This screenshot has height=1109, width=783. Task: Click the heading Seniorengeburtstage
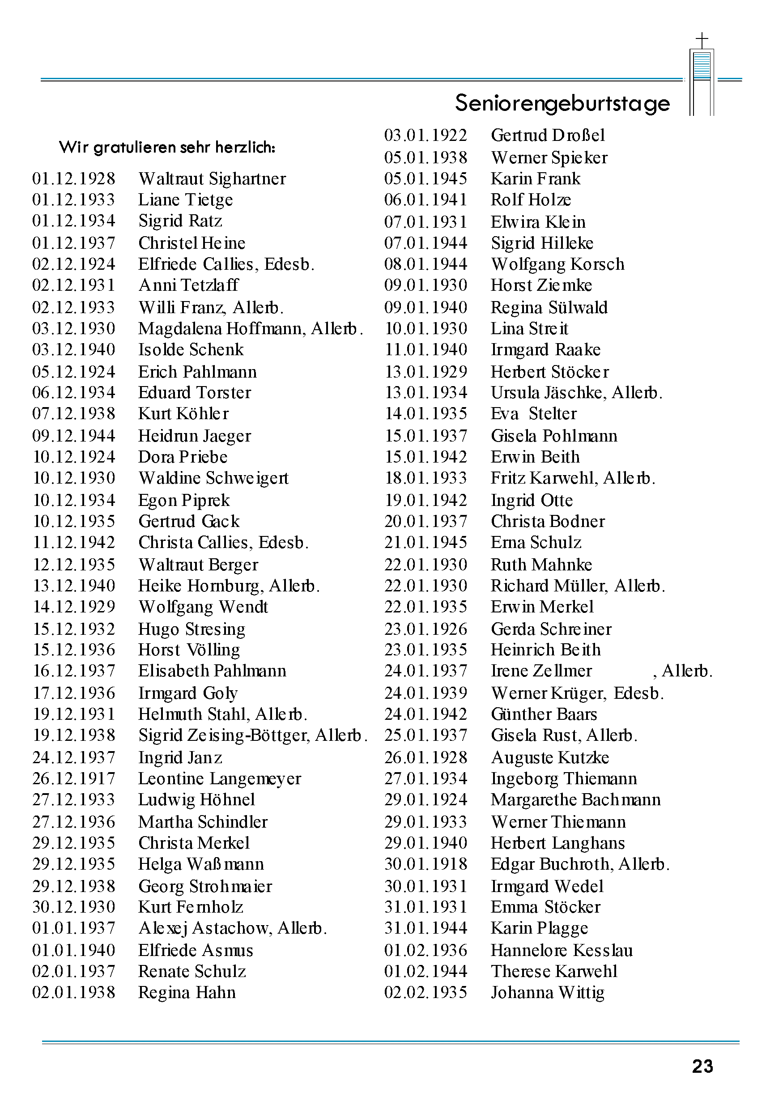point(562,103)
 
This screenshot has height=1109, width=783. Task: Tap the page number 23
point(702,1066)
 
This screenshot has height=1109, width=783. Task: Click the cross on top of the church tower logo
point(702,40)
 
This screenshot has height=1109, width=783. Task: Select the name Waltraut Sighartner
point(212,178)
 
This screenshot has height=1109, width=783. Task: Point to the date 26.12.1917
point(74,778)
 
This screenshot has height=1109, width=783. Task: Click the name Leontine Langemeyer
point(219,778)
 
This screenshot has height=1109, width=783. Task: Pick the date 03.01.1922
point(426,135)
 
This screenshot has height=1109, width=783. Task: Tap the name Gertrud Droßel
point(548,135)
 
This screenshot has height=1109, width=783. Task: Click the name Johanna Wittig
point(548,993)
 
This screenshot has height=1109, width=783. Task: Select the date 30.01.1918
point(426,864)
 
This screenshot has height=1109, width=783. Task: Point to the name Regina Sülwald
point(549,307)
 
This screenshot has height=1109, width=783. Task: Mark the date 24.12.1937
point(74,757)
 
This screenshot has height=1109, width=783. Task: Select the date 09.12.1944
point(74,436)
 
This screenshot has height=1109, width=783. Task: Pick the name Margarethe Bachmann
point(576,799)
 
